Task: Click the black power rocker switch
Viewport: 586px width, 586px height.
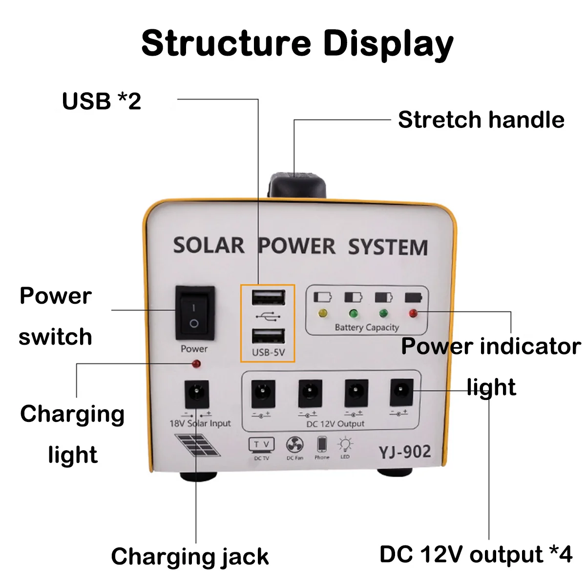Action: (x=194, y=314)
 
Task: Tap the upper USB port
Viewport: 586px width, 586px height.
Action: (x=268, y=297)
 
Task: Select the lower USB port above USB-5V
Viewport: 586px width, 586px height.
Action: (x=268, y=336)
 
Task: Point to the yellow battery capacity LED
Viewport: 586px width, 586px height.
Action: (x=322, y=314)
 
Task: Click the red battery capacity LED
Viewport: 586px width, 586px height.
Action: (x=413, y=314)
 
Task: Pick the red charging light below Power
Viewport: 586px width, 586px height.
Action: (x=196, y=364)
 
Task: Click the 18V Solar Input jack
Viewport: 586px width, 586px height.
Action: (x=197, y=394)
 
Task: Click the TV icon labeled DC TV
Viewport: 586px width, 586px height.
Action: (x=261, y=445)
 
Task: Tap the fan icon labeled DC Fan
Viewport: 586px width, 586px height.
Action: (x=294, y=445)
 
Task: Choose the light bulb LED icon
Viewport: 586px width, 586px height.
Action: (x=346, y=444)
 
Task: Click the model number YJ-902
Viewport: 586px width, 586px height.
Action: (x=404, y=452)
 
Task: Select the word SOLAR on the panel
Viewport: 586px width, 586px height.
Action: (x=209, y=245)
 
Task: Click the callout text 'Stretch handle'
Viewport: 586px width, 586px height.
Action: (x=481, y=120)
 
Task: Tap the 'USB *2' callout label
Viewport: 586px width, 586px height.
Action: (x=102, y=101)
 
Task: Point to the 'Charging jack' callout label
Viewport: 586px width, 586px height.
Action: (x=189, y=556)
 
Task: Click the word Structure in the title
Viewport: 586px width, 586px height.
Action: (x=226, y=43)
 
